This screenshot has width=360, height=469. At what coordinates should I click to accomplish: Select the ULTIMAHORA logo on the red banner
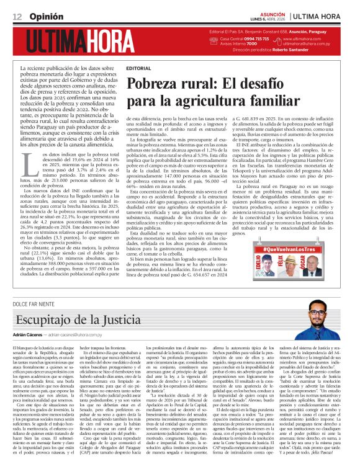click(x=85, y=41)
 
